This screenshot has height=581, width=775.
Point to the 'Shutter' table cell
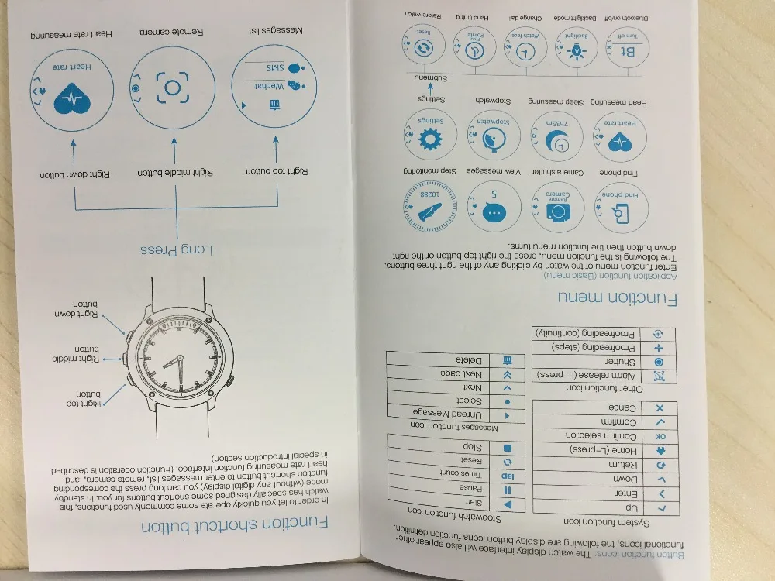[x=589, y=362]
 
